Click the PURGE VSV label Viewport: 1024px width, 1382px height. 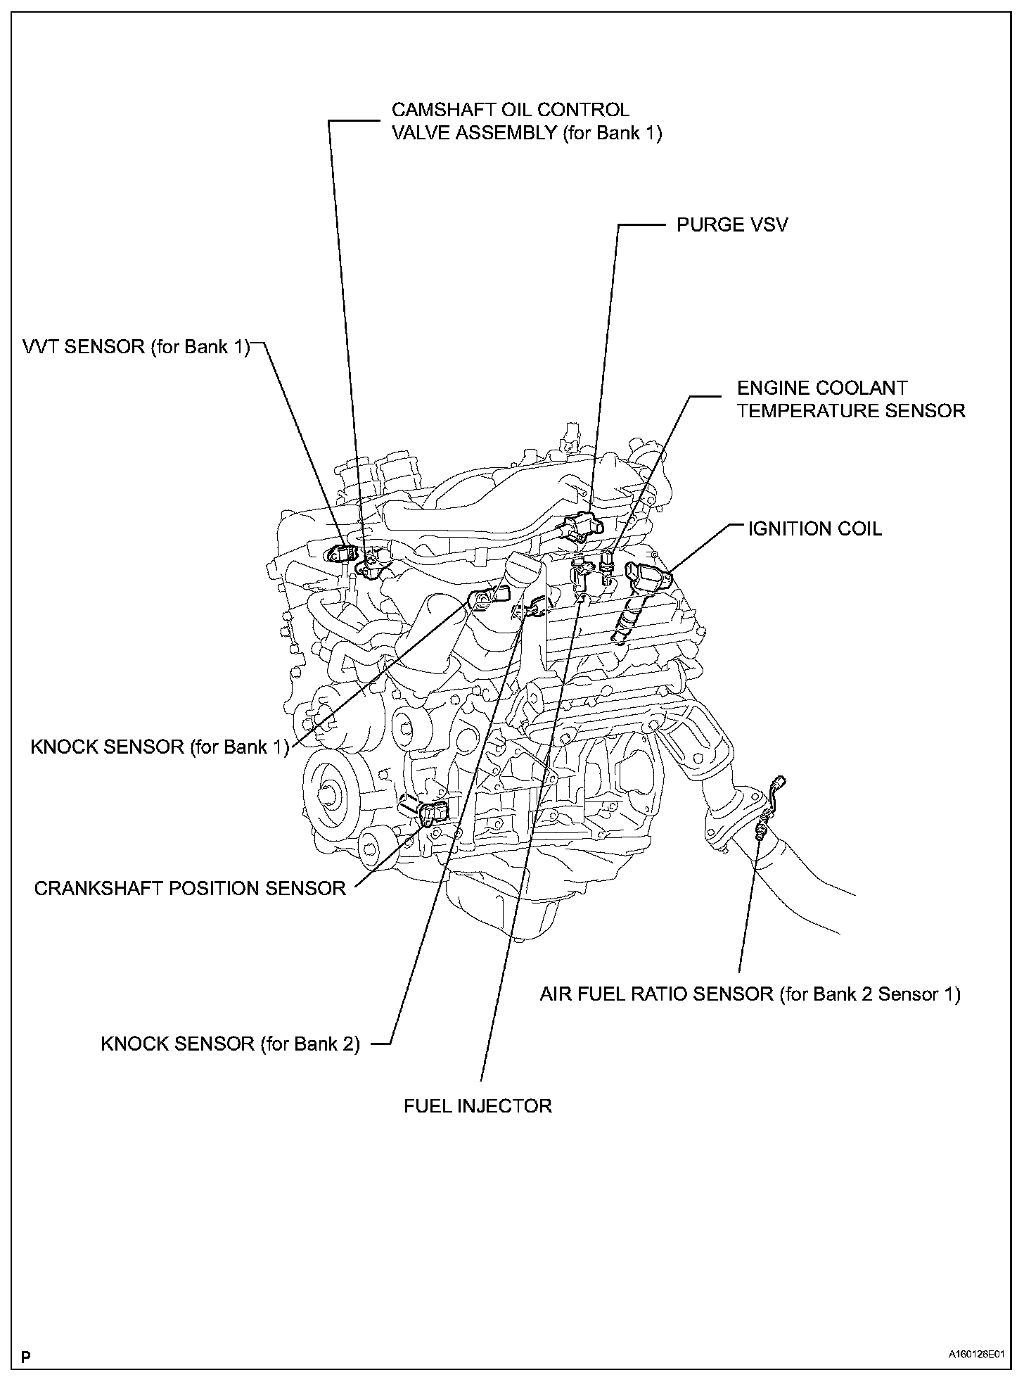[732, 224]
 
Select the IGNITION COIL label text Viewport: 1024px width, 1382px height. [814, 528]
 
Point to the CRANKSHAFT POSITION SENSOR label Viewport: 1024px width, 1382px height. [190, 888]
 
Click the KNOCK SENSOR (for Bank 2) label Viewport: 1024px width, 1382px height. [230, 1044]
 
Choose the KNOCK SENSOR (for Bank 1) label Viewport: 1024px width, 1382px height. [160, 747]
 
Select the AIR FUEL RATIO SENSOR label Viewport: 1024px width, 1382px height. [750, 994]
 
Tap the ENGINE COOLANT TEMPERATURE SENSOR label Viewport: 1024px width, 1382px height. [851, 399]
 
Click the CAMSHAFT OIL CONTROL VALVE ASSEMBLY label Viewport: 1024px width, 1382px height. [527, 121]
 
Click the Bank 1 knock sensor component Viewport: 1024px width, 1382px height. [482, 600]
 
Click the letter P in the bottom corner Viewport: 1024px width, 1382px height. [26, 1353]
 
